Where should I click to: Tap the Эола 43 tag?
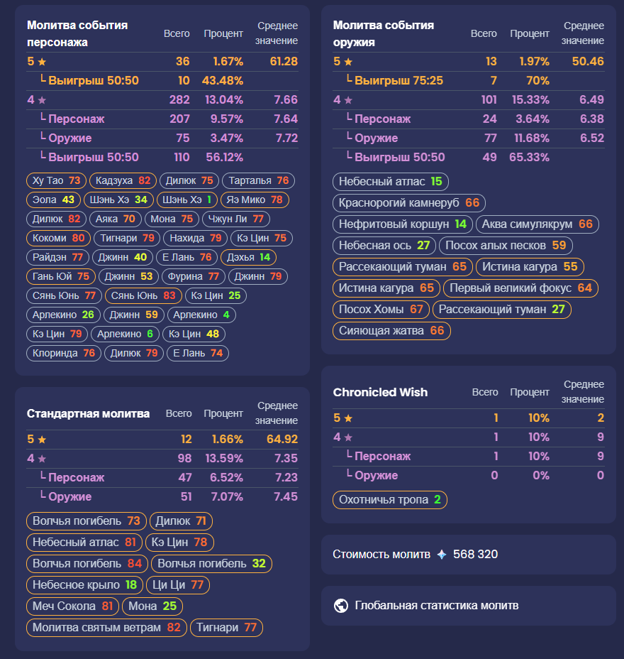pyautogui.click(x=54, y=200)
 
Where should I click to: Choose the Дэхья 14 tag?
pyautogui.click(x=247, y=257)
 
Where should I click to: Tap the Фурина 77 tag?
pyautogui.click(x=193, y=276)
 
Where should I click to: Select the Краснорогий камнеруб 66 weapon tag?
pyautogui.click(x=409, y=202)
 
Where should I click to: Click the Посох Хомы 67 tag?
pyautogui.click(x=381, y=309)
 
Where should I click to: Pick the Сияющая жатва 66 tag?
pyautogui.click(x=391, y=330)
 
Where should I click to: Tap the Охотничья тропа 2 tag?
pyautogui.click(x=390, y=500)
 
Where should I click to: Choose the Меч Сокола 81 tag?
pyautogui.click(x=73, y=606)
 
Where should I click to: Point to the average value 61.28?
pyautogui.click(x=284, y=62)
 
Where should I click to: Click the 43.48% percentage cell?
pyautogui.click(x=223, y=81)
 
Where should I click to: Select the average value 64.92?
pyautogui.click(x=282, y=440)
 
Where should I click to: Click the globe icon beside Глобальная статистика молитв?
pyautogui.click(x=341, y=606)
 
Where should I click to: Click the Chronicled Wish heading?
pyautogui.click(x=380, y=392)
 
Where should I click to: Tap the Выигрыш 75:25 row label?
pyautogui.click(x=399, y=81)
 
